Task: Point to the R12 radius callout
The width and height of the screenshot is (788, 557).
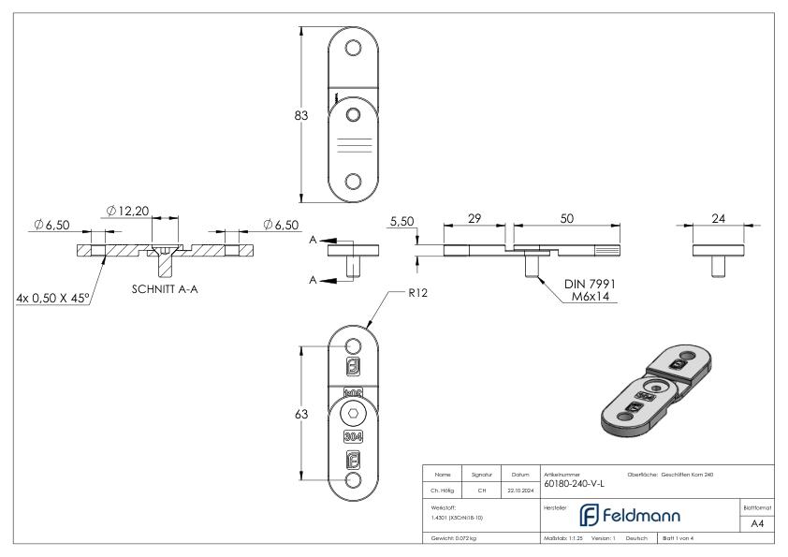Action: (417, 292)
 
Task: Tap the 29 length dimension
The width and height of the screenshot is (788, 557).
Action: (474, 217)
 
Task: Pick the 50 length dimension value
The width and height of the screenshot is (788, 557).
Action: (566, 217)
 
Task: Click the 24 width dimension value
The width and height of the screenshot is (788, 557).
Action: (719, 218)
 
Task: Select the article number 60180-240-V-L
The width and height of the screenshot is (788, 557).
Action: (574, 484)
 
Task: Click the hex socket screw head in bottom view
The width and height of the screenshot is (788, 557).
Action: (353, 414)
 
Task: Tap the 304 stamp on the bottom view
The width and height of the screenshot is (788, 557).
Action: (353, 436)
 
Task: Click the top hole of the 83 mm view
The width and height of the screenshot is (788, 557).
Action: (353, 48)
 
